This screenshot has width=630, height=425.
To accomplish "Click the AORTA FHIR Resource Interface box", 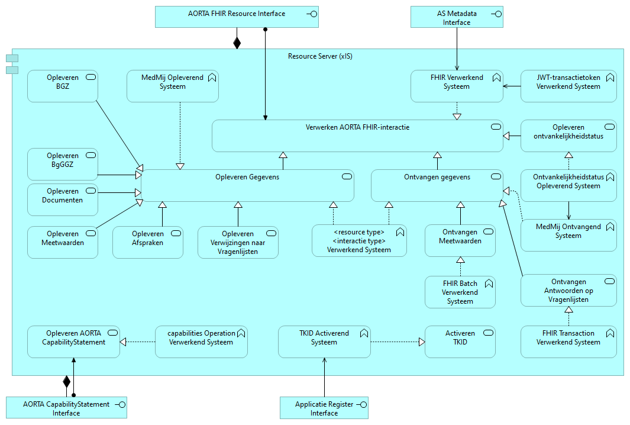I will tap(237, 17).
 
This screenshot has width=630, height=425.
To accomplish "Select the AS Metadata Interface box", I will tap(457, 17).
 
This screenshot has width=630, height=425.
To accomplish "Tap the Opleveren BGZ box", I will tap(62, 86).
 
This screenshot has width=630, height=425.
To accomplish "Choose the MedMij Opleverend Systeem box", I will tap(172, 86).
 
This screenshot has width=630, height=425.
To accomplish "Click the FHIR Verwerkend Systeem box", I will tap(457, 86).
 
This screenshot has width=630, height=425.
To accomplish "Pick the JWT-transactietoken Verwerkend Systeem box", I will tap(568, 86).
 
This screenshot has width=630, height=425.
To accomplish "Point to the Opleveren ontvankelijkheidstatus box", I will tap(568, 136).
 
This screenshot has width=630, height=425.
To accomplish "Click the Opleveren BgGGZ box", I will tap(62, 164).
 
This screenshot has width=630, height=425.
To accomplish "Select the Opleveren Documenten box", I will tap(62, 199).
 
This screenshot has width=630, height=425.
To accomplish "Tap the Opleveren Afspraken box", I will tap(148, 242).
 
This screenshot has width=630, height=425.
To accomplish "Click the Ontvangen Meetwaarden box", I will tap(460, 240).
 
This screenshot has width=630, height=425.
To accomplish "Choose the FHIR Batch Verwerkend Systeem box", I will tap(460, 292).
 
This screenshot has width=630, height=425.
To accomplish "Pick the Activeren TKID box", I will tap(460, 342).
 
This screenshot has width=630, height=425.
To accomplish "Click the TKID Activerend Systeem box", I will tap(324, 342).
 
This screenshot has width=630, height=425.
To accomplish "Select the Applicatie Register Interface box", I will tap(324, 408).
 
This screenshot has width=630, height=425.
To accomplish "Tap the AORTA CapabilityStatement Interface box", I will tap(66, 408).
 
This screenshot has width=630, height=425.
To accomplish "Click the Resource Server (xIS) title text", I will tap(320, 56).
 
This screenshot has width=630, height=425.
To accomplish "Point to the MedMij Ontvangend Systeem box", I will tap(568, 235).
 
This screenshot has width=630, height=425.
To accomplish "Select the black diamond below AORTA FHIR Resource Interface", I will tap(237, 43).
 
